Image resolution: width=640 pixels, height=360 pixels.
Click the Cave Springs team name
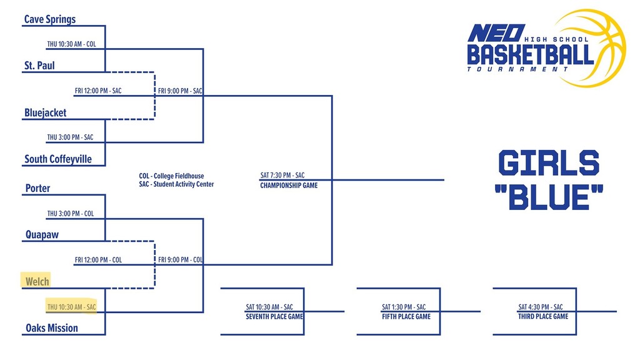click(50, 19)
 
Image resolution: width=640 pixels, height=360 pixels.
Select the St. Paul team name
click(39, 65)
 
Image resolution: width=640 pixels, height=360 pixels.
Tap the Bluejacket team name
click(45, 113)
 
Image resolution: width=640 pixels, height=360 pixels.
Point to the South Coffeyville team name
click(58, 159)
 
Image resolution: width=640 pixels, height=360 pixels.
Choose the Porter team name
click(37, 188)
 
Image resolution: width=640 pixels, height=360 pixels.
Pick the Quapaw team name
click(42, 235)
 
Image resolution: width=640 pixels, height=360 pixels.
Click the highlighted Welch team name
click(37, 281)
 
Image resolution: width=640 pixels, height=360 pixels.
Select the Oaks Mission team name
click(52, 327)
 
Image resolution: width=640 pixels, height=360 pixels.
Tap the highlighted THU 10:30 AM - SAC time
click(71, 307)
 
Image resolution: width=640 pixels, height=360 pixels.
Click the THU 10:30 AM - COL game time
click(71, 44)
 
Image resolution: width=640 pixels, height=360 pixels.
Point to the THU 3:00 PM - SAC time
click(70, 137)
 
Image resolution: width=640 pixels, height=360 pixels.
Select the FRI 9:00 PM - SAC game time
click(180, 91)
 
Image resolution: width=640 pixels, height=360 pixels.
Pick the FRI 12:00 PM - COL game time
click(98, 260)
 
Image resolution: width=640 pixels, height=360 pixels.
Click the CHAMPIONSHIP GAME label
click(289, 186)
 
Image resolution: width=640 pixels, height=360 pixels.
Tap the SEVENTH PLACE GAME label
click(274, 317)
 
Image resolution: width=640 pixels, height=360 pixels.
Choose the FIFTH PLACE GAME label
click(406, 317)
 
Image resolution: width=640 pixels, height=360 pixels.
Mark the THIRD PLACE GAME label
click(543, 317)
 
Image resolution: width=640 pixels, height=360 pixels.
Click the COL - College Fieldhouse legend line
click(171, 176)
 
